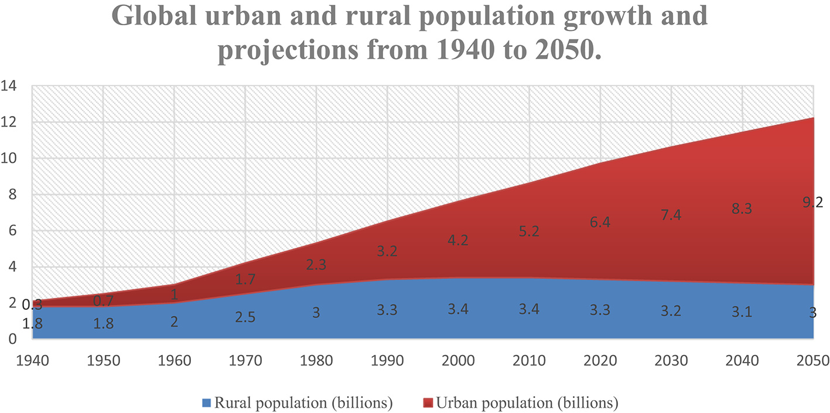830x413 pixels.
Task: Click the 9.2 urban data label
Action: tap(814, 203)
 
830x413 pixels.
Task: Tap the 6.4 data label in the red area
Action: tap(601, 223)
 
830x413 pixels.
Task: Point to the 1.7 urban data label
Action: tap(245, 279)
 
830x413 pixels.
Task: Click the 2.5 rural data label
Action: tap(245, 319)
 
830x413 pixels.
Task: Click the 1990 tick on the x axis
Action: tap(388, 360)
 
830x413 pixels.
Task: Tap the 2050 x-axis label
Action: tap(814, 360)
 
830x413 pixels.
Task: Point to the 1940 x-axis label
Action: tap(33, 360)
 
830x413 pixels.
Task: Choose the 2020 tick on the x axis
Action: tap(601, 360)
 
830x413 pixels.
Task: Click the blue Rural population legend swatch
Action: tap(206, 402)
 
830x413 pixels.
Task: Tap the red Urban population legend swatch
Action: tap(428, 402)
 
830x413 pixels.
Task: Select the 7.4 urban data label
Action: tap(671, 215)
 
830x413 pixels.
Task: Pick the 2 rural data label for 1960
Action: tap(174, 322)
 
